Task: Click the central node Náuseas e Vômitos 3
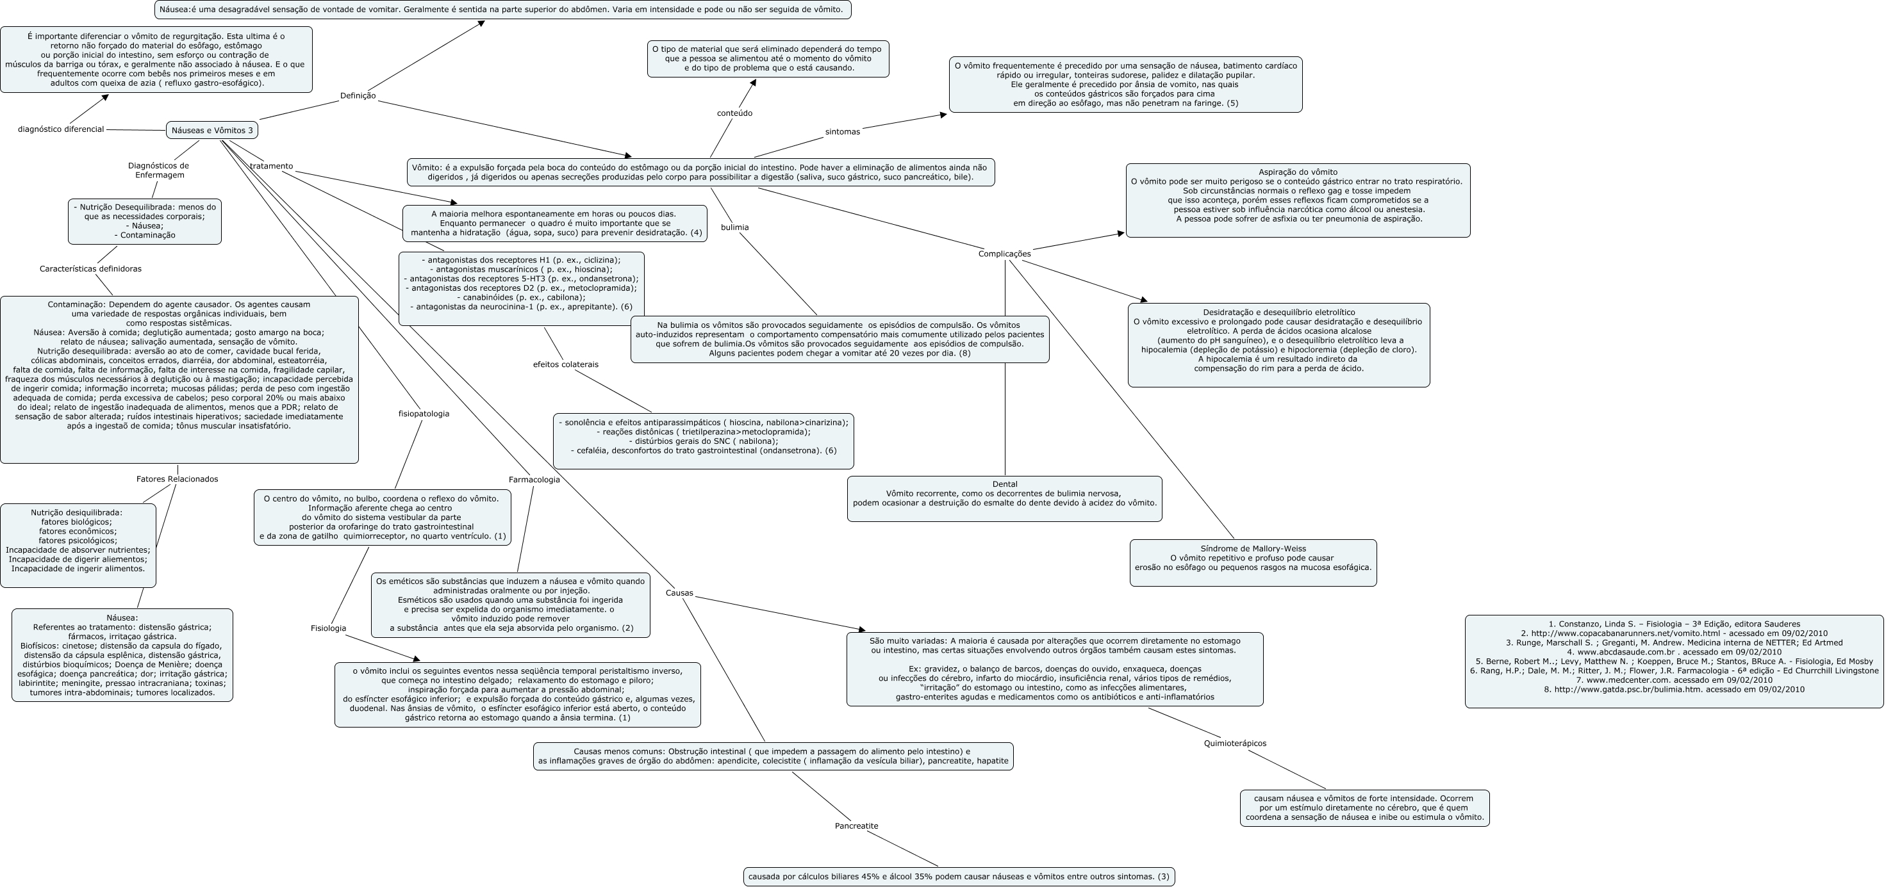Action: coord(211,130)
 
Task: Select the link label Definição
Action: coord(358,96)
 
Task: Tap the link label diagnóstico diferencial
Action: coord(61,129)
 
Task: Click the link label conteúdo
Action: coord(734,113)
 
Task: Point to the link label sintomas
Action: coord(842,132)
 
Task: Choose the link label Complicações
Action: coord(1004,254)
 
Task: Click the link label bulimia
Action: coord(734,227)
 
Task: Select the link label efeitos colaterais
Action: coord(565,364)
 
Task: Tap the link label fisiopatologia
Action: coord(423,414)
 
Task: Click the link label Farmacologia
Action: coord(534,480)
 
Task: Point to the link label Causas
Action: coord(679,594)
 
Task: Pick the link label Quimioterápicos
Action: coord(1234,744)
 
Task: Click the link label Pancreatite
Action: coord(856,826)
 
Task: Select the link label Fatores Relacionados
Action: coord(177,479)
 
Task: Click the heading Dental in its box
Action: coord(1004,484)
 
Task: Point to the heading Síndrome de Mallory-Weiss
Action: coord(1253,549)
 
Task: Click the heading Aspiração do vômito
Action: coord(1297,172)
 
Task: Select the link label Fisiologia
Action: coord(328,629)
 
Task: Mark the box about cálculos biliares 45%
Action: coord(958,877)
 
